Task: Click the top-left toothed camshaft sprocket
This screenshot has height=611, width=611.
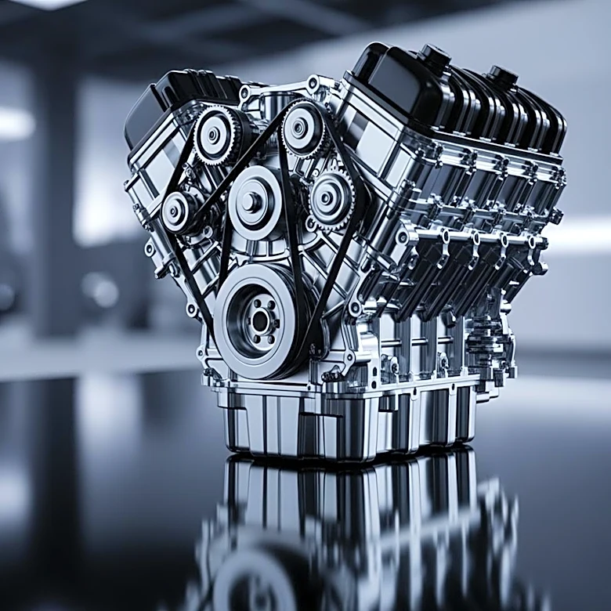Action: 217,135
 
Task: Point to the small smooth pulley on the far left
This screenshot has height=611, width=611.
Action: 180,211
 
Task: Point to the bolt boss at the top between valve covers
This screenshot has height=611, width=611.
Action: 313,82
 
